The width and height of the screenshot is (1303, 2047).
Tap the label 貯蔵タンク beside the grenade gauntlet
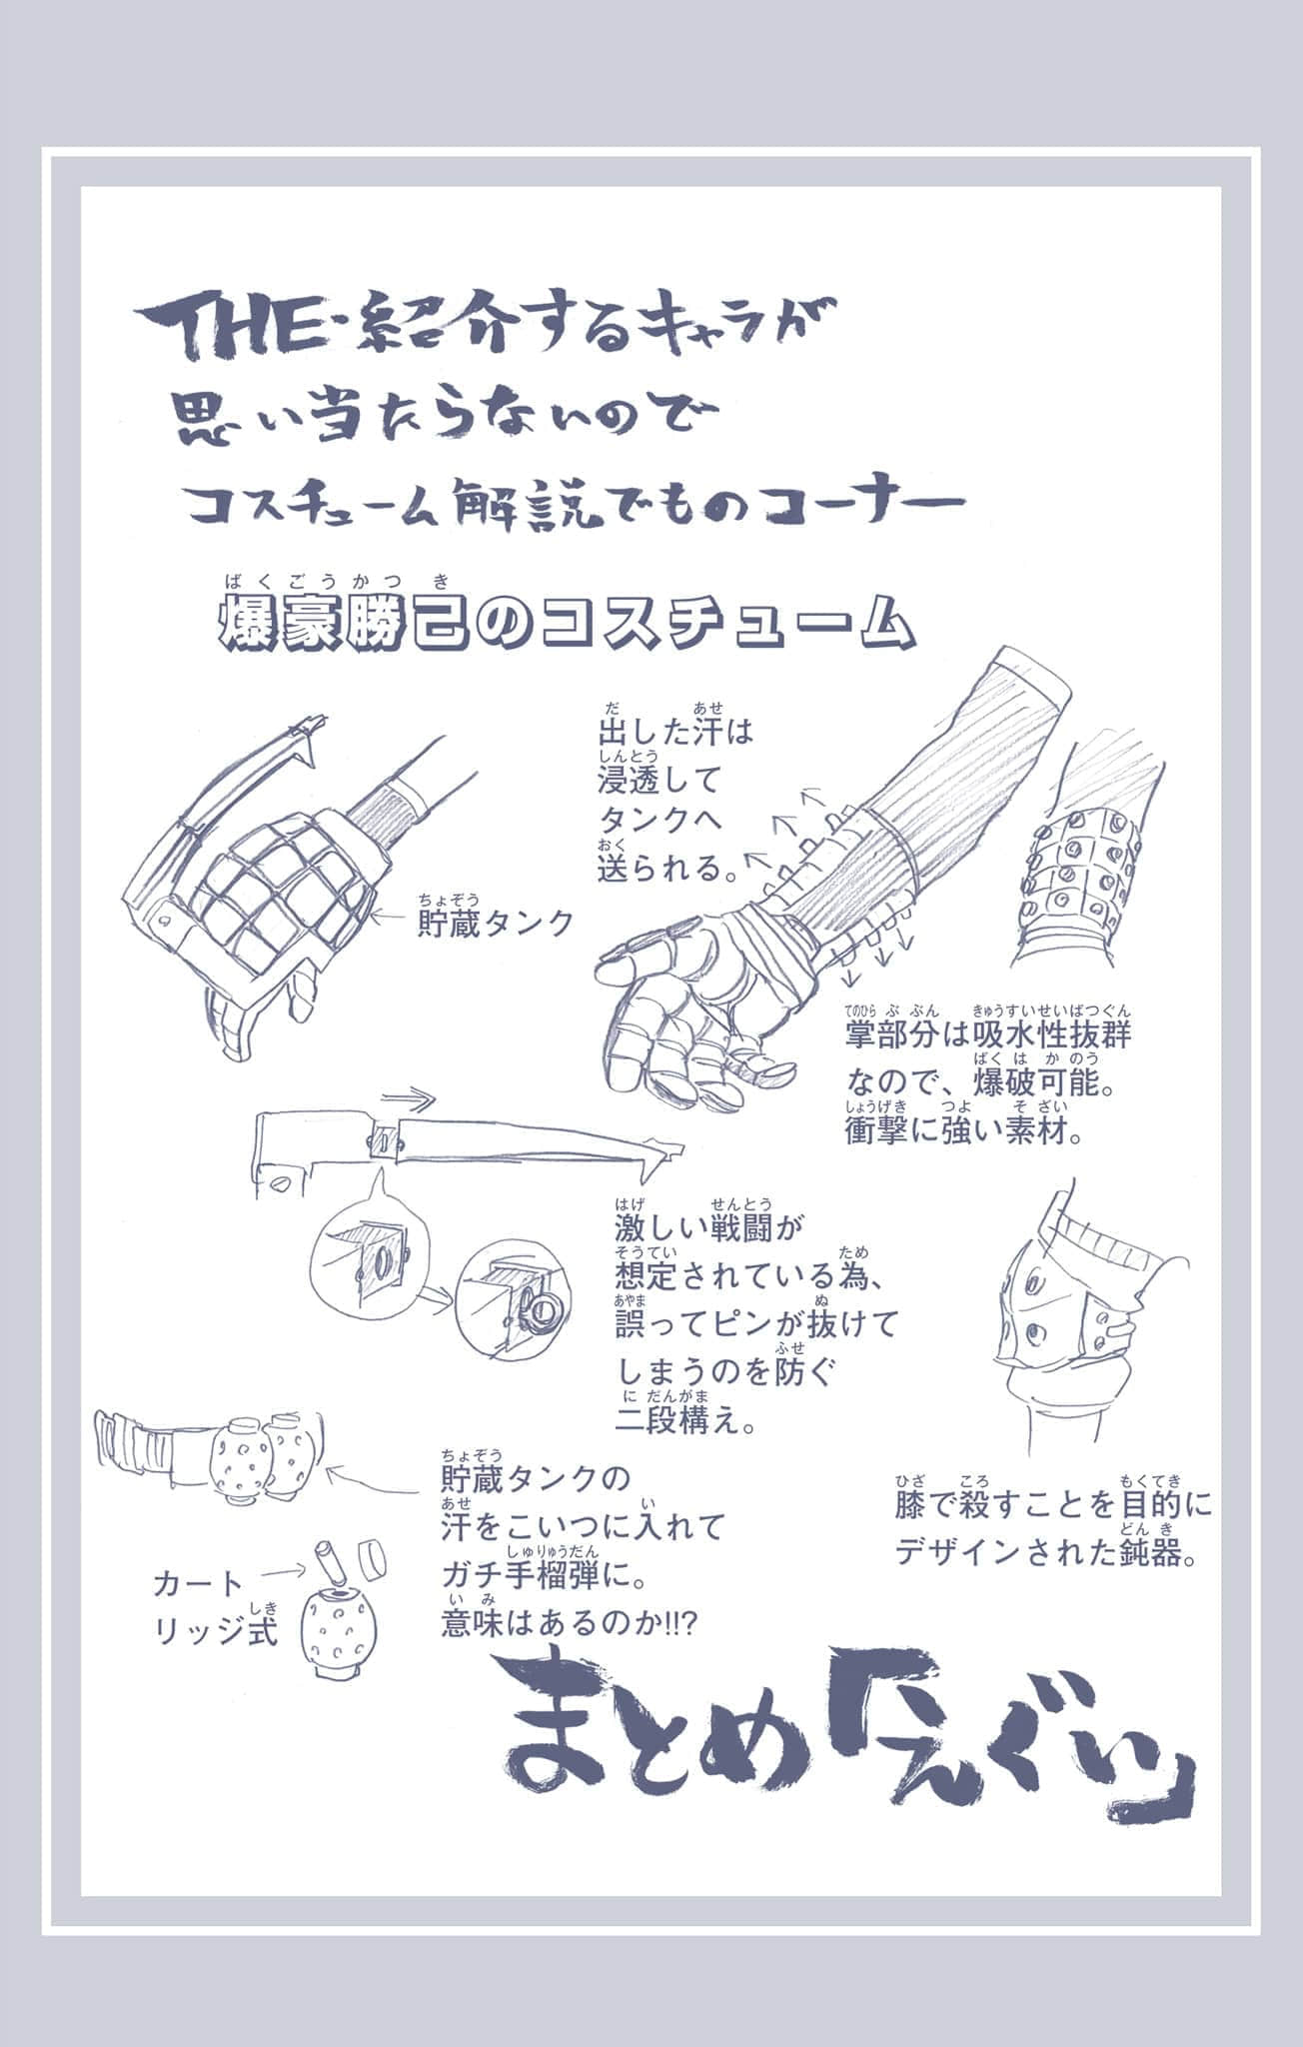[496, 922]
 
